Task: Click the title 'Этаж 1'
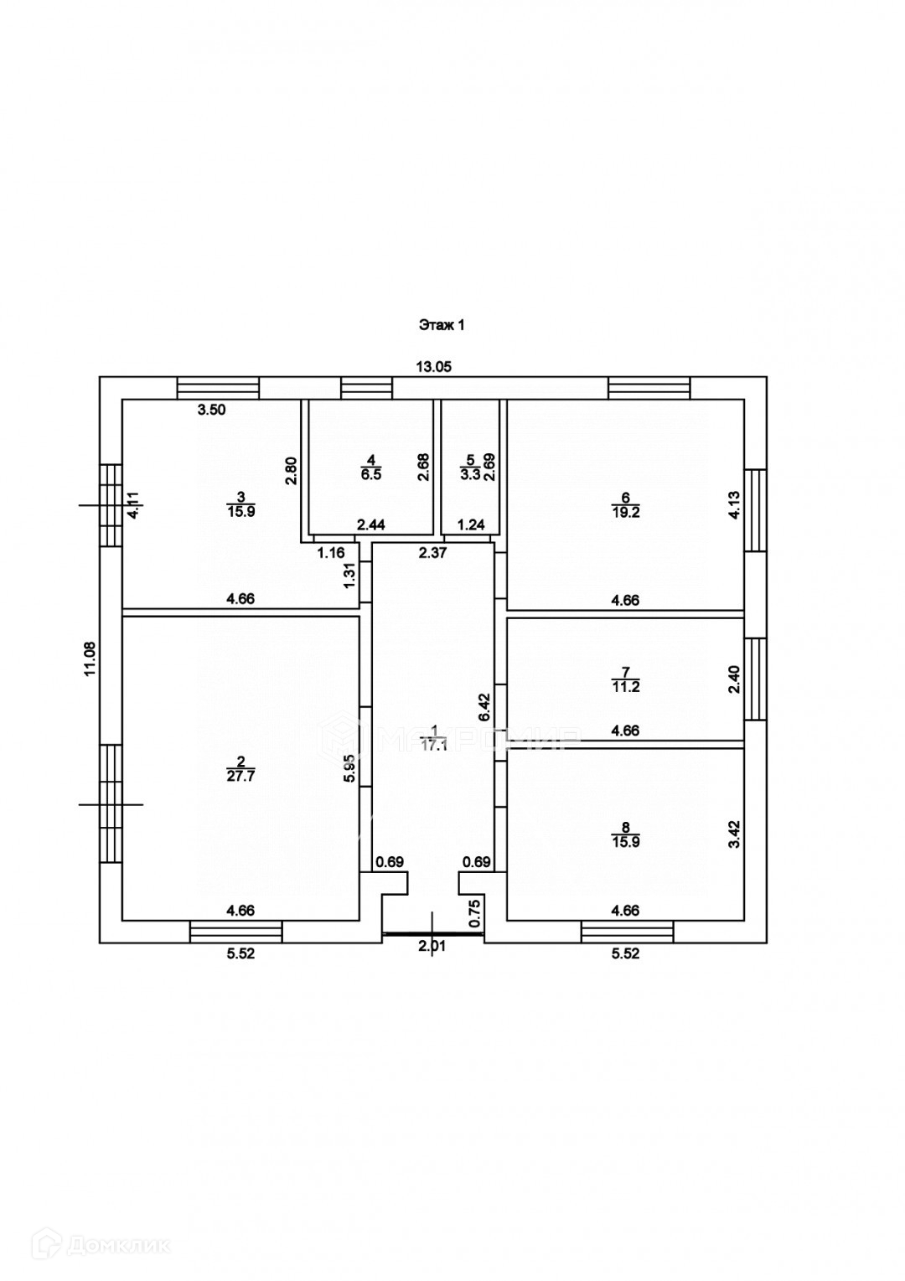tap(442, 326)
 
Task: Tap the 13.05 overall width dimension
tap(434, 366)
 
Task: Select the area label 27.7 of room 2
tap(240, 775)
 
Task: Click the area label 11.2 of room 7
tap(625, 686)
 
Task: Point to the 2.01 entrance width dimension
tap(433, 947)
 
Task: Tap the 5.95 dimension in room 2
tap(351, 767)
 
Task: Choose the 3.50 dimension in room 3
tap(212, 410)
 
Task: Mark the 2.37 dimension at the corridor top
tap(433, 552)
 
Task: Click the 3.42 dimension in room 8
tap(734, 834)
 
